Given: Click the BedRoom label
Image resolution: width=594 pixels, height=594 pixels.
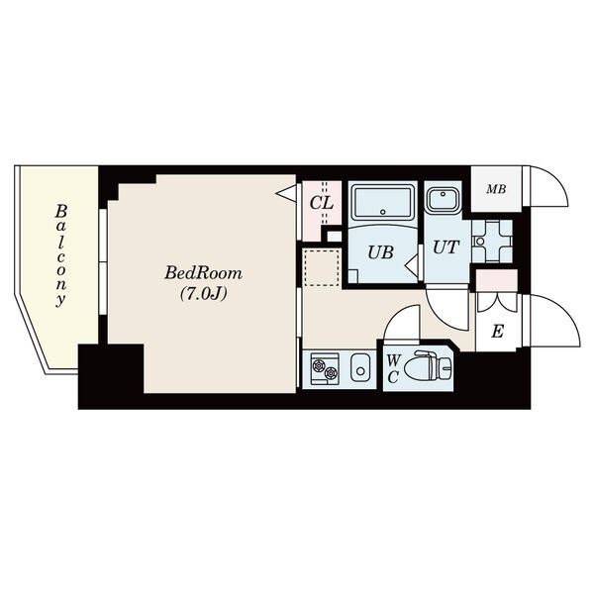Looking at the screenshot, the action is [203, 273].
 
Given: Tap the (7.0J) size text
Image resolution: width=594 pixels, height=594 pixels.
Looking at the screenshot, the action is [203, 294].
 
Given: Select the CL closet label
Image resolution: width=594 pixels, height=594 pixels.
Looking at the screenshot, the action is [321, 203].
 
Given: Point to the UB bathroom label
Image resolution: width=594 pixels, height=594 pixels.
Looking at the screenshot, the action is [380, 252].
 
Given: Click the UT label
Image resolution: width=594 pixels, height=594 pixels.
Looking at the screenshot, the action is [445, 247].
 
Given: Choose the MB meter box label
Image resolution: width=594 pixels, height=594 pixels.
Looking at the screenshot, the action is [496, 189].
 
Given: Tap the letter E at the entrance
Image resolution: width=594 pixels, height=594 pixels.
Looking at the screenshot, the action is [497, 332].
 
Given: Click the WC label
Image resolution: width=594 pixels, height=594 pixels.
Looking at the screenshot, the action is [393, 368].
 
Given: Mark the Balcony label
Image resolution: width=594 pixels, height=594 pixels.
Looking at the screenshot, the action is [60, 255].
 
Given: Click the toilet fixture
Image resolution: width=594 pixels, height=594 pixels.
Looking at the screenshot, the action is [428, 366].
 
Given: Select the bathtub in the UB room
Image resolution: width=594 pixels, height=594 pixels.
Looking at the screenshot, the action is [382, 201].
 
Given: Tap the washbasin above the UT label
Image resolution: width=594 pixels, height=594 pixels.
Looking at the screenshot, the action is [444, 199].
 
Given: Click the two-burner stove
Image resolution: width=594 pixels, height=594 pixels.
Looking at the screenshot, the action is [325, 368].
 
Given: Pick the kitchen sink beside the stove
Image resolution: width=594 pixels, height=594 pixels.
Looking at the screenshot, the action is [360, 367].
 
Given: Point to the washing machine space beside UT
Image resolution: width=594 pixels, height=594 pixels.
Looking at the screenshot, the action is [492, 241].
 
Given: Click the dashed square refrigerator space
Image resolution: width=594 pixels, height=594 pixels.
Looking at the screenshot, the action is [322, 267].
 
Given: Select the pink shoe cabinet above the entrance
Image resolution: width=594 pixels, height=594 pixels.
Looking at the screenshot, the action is [497, 280].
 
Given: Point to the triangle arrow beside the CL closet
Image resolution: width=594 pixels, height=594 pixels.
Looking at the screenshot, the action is [286, 192].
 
